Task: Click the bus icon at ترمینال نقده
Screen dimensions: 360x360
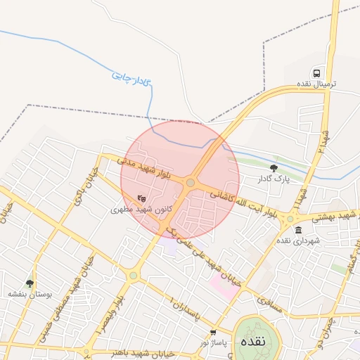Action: [317, 73]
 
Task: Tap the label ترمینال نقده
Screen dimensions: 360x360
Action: [316, 84]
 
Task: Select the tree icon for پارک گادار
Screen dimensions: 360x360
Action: [274, 167]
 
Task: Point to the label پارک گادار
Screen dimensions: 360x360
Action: [269, 179]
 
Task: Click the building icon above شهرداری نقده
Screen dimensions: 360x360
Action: [298, 230]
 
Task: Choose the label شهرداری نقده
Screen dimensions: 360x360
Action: [298, 241]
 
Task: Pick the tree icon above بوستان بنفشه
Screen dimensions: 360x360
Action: [30, 283]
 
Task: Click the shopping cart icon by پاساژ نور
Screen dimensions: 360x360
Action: [213, 332]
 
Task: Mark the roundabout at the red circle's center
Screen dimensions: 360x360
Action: [191, 183]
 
